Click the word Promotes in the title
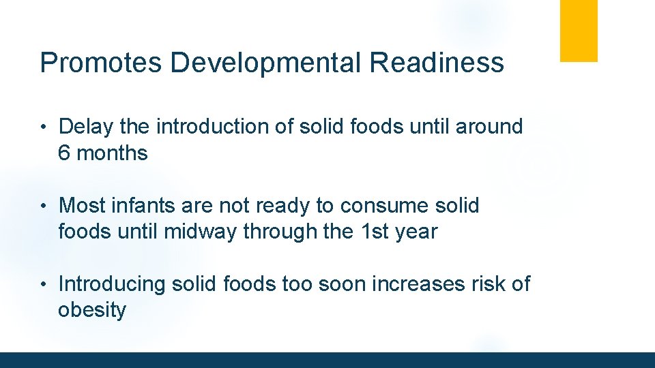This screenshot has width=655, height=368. point(101,63)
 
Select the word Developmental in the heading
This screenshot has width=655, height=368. point(266,63)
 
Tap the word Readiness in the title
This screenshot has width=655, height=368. point(437,63)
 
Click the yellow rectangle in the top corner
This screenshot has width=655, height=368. point(579,31)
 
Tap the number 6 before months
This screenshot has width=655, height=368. point(65,153)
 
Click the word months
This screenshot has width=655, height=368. point(113,153)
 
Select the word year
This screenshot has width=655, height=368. point(416,232)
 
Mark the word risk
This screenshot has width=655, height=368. point(476,283)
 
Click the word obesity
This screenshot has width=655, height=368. point(92,310)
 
